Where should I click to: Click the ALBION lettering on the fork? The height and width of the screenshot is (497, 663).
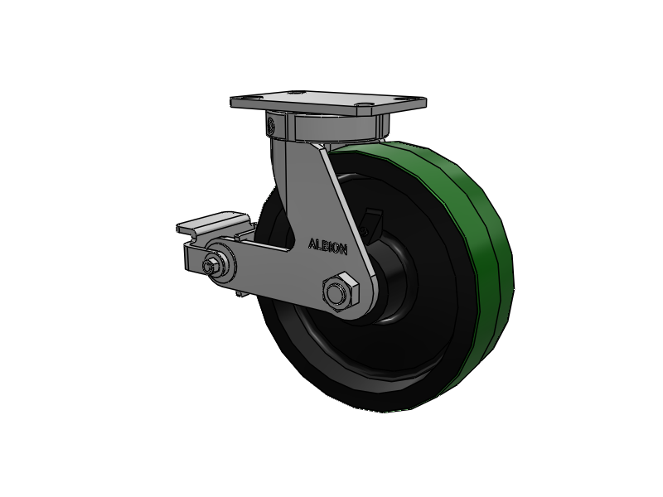pyautogui.click(x=328, y=247)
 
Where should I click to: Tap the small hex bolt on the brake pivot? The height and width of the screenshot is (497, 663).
pyautogui.click(x=210, y=266)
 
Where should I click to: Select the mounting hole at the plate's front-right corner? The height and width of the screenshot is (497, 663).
pyautogui.click(x=363, y=104)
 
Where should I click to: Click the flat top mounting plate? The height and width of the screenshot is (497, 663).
pyautogui.click(x=328, y=102)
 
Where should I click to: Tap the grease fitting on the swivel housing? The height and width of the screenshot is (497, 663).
pyautogui.click(x=272, y=125)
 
